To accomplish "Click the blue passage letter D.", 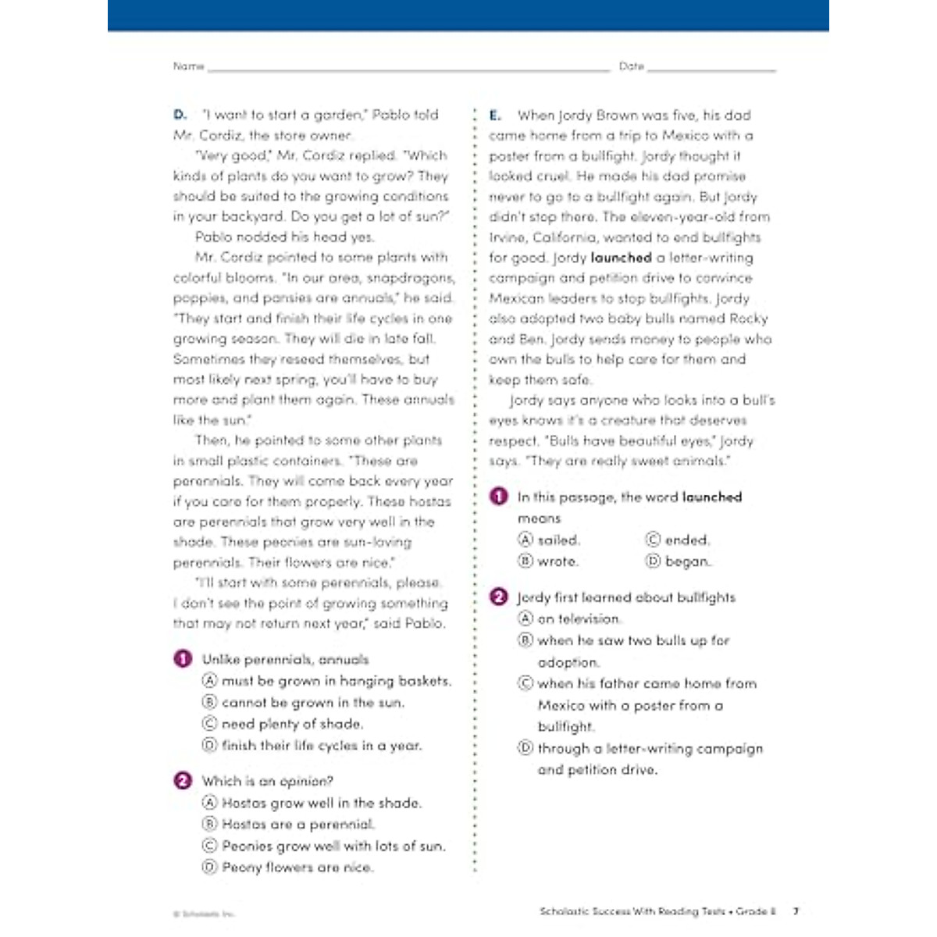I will [180, 115].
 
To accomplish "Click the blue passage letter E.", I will [495, 116].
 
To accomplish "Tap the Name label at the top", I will [188, 66].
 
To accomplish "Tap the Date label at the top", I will [631, 66].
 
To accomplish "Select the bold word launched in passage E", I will [621, 258].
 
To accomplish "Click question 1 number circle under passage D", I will [183, 659].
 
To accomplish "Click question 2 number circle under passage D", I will [183, 781].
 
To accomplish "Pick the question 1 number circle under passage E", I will [498, 497].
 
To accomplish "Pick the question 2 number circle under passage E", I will [498, 597].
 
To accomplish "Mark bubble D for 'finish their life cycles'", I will [209, 746].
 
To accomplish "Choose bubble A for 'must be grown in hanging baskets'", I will [209, 681].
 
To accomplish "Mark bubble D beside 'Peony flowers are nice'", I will [209, 868].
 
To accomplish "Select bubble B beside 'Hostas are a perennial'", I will [209, 824].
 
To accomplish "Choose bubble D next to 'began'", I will [653, 561].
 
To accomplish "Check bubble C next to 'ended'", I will [653, 540].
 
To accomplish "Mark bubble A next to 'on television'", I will [526, 619].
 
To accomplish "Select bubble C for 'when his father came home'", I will [526, 683].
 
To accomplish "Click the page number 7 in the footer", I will [796, 910].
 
